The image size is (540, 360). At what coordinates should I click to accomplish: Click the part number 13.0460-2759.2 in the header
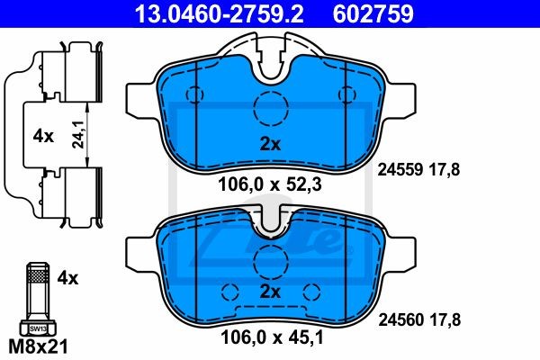[x=219, y=13]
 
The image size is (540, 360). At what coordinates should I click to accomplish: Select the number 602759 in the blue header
[x=373, y=13]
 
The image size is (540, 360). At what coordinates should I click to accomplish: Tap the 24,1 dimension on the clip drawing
[x=78, y=134]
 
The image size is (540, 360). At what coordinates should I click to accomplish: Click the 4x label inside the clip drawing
[x=43, y=137]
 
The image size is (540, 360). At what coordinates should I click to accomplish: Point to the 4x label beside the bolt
[x=67, y=278]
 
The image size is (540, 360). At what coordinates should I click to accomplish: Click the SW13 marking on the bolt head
[x=38, y=328]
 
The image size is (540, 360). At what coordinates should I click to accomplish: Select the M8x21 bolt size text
[x=38, y=346]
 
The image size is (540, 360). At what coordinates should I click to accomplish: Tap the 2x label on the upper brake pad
[x=270, y=144]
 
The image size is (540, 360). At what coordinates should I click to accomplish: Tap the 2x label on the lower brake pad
[x=270, y=292]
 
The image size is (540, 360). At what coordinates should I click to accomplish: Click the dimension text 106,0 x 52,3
[x=270, y=184]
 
